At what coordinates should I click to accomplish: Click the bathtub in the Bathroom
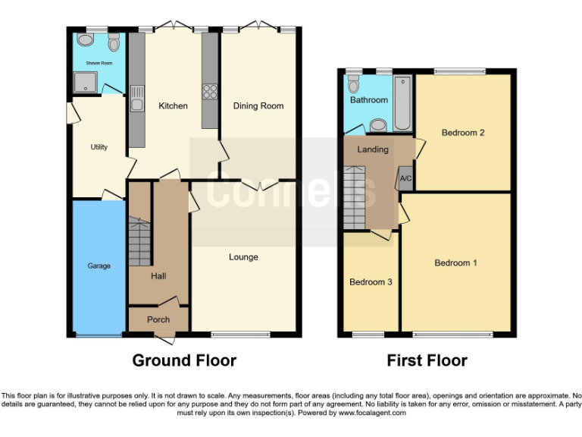click(402, 102)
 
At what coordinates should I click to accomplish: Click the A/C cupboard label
click(405, 178)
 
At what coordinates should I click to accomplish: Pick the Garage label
click(99, 266)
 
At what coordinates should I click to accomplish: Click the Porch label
click(158, 319)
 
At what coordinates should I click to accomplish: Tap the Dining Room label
click(258, 106)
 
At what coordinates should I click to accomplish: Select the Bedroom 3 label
click(371, 282)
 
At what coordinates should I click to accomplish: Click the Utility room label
click(99, 147)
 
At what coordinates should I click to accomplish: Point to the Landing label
click(373, 149)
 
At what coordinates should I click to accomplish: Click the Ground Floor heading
click(184, 360)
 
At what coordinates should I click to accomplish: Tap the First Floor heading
click(427, 360)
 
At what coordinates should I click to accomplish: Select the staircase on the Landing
click(355, 197)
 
